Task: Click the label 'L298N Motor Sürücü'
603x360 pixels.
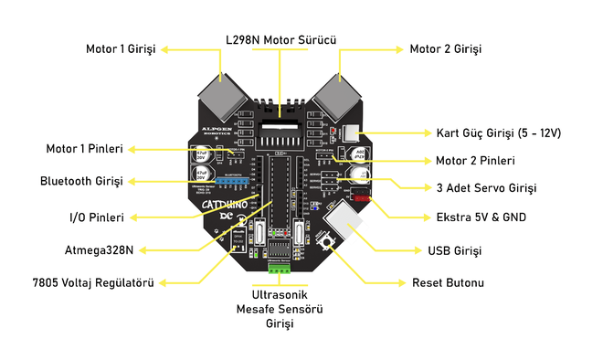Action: pos(282,41)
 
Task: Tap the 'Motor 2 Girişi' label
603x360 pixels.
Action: pos(445,48)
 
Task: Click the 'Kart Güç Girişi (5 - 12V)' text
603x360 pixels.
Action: pos(500,132)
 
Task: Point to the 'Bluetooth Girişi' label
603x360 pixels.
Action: pos(81,181)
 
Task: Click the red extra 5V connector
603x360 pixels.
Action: pos(361,196)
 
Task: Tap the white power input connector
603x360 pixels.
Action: pos(353,133)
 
